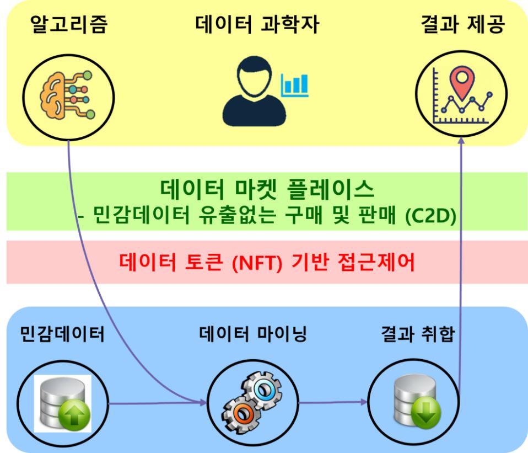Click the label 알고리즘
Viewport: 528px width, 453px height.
coord(69,24)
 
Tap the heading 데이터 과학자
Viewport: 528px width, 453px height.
coord(257,24)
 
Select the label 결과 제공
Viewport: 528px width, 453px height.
coord(463,24)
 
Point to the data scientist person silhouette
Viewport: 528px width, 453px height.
coord(254,92)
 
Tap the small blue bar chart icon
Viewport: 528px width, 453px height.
coord(295,86)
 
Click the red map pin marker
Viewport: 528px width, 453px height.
coord(462,82)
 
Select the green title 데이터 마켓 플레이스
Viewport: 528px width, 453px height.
coord(267,189)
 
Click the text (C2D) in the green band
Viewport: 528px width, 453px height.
coord(430,216)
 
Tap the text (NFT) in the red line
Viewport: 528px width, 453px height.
coord(257,263)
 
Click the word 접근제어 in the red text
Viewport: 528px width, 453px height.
coord(376,262)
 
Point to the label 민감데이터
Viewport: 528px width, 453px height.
coord(62,334)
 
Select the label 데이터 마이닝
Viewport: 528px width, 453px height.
coord(253,334)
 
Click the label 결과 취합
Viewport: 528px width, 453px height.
coord(418,334)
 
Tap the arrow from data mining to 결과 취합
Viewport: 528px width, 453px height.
coord(333,402)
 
